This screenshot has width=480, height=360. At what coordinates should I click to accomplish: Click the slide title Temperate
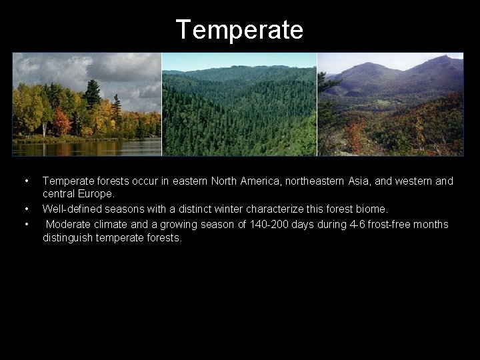point(239,30)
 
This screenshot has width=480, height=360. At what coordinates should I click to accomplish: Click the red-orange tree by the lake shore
point(62,122)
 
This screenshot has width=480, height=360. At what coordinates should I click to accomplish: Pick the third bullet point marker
point(26,224)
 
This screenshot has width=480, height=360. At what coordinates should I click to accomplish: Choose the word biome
point(369,209)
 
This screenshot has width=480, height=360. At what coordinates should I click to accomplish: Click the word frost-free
point(394,224)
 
